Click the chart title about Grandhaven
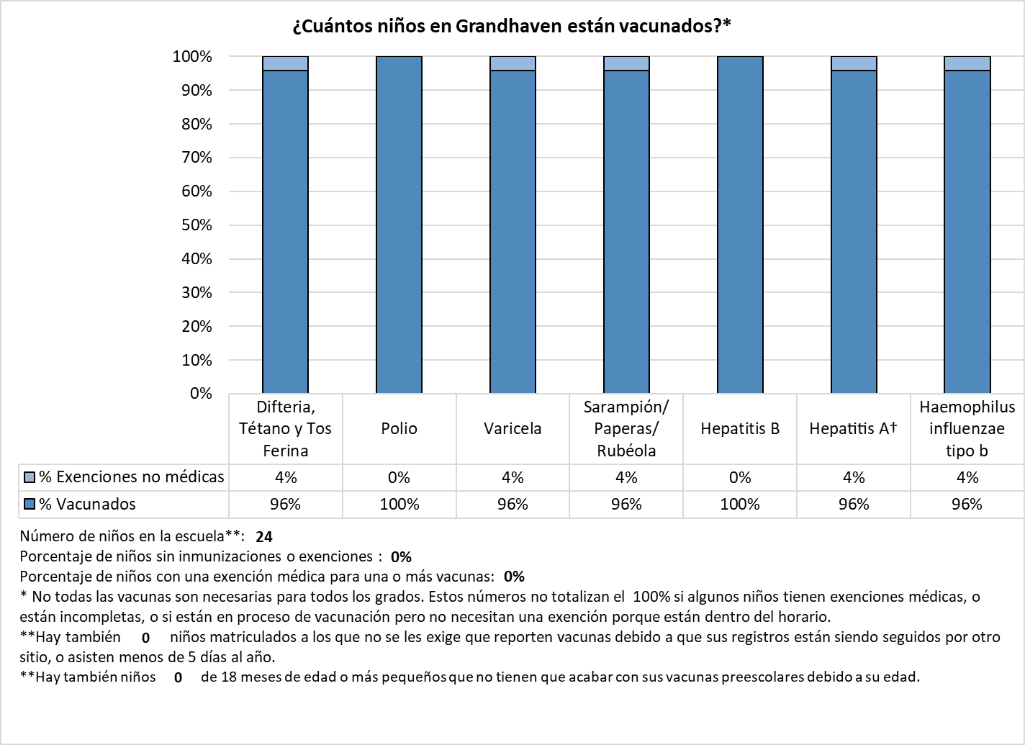tap(512, 27)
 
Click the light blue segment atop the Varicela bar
tap(512, 63)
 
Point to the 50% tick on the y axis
tap(197, 225)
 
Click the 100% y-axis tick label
tap(192, 57)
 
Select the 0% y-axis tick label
tap(201, 394)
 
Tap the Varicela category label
tap(512, 429)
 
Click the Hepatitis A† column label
tap(854, 429)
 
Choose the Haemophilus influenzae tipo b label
tap(967, 429)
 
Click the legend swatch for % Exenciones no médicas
tap(30, 477)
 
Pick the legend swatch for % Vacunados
tap(30, 504)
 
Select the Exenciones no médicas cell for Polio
tap(399, 478)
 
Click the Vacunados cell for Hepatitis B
tap(740, 505)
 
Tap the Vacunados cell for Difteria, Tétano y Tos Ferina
tap(285, 505)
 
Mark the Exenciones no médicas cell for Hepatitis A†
tap(854, 478)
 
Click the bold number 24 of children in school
tap(264, 537)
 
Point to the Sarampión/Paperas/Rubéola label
tap(626, 429)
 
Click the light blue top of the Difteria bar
tap(285, 63)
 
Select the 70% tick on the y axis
tap(197, 158)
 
